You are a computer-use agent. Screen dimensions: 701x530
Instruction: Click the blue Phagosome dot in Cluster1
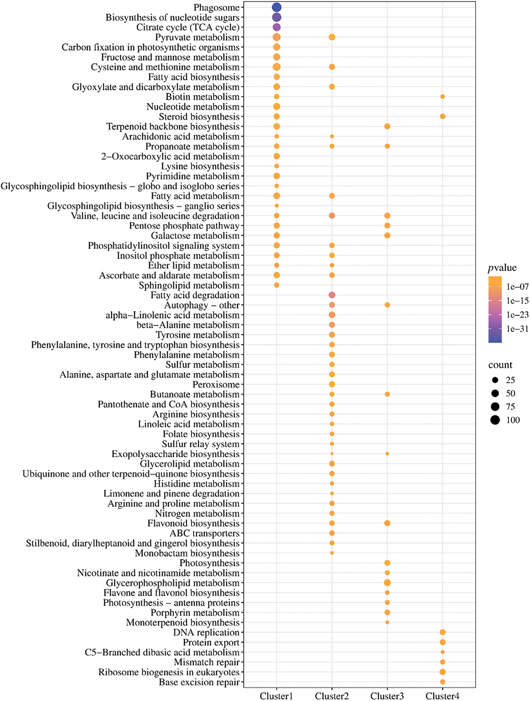(277, 7)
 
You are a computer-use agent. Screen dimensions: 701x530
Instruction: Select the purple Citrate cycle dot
(277, 27)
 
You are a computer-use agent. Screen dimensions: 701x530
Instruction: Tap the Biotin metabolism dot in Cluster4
(443, 97)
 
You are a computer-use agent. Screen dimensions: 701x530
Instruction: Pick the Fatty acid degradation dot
(332, 295)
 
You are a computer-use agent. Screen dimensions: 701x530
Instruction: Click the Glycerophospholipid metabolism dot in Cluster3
(387, 582)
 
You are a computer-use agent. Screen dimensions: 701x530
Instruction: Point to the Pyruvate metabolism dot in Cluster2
(332, 37)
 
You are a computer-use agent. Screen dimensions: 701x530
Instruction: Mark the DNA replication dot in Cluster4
(443, 632)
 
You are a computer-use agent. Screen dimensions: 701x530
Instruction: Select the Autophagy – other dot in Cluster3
(387, 305)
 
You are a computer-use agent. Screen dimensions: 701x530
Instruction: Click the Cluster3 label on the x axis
(387, 696)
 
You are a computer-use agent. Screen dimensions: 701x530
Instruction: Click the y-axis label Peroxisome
(216, 384)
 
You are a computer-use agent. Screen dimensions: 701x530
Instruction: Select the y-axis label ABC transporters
(205, 533)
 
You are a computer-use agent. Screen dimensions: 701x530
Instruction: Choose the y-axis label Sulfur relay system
(201, 444)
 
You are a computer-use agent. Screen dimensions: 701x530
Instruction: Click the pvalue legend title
(502, 268)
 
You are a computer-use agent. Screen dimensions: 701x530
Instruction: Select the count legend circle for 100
(495, 420)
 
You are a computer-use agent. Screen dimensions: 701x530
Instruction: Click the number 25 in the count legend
(510, 380)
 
